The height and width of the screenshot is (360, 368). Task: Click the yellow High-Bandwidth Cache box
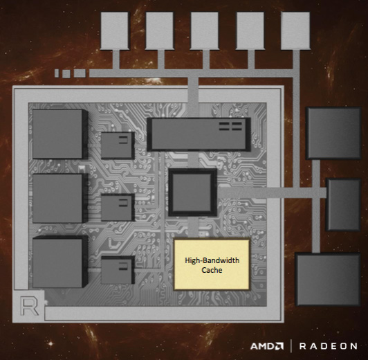pyautogui.click(x=212, y=265)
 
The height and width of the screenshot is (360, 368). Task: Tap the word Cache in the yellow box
pyautogui.click(x=212, y=270)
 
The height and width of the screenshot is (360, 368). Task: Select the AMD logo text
pyautogui.click(x=267, y=346)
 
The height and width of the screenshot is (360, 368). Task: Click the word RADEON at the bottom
pyautogui.click(x=328, y=346)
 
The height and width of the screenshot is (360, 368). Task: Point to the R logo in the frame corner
pyautogui.click(x=29, y=306)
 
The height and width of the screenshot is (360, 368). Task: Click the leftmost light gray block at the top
pyautogui.click(x=115, y=31)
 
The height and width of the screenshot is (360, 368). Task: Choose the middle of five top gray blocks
pyautogui.click(x=205, y=31)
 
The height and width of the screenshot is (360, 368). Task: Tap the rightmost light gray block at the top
pyautogui.click(x=295, y=31)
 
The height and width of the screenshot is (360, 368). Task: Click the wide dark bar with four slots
pyautogui.click(x=199, y=134)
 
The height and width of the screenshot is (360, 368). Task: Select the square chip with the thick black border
pyautogui.click(x=192, y=192)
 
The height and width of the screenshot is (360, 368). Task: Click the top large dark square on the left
pyautogui.click(x=60, y=134)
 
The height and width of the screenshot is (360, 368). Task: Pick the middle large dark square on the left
pyautogui.click(x=60, y=198)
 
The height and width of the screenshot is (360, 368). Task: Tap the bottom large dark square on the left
pyautogui.click(x=60, y=262)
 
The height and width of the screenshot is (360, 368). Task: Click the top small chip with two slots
pyautogui.click(x=118, y=145)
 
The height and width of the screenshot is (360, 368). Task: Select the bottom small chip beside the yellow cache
pyautogui.click(x=118, y=270)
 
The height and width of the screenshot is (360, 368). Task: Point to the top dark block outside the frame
pyautogui.click(x=333, y=134)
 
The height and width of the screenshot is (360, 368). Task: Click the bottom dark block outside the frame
pyautogui.click(x=328, y=279)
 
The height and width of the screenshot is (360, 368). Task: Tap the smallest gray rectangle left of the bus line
pyautogui.click(x=57, y=73)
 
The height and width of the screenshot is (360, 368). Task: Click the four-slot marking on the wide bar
pyautogui.click(x=230, y=126)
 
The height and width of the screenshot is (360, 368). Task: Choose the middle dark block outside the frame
pyautogui.click(x=344, y=204)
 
